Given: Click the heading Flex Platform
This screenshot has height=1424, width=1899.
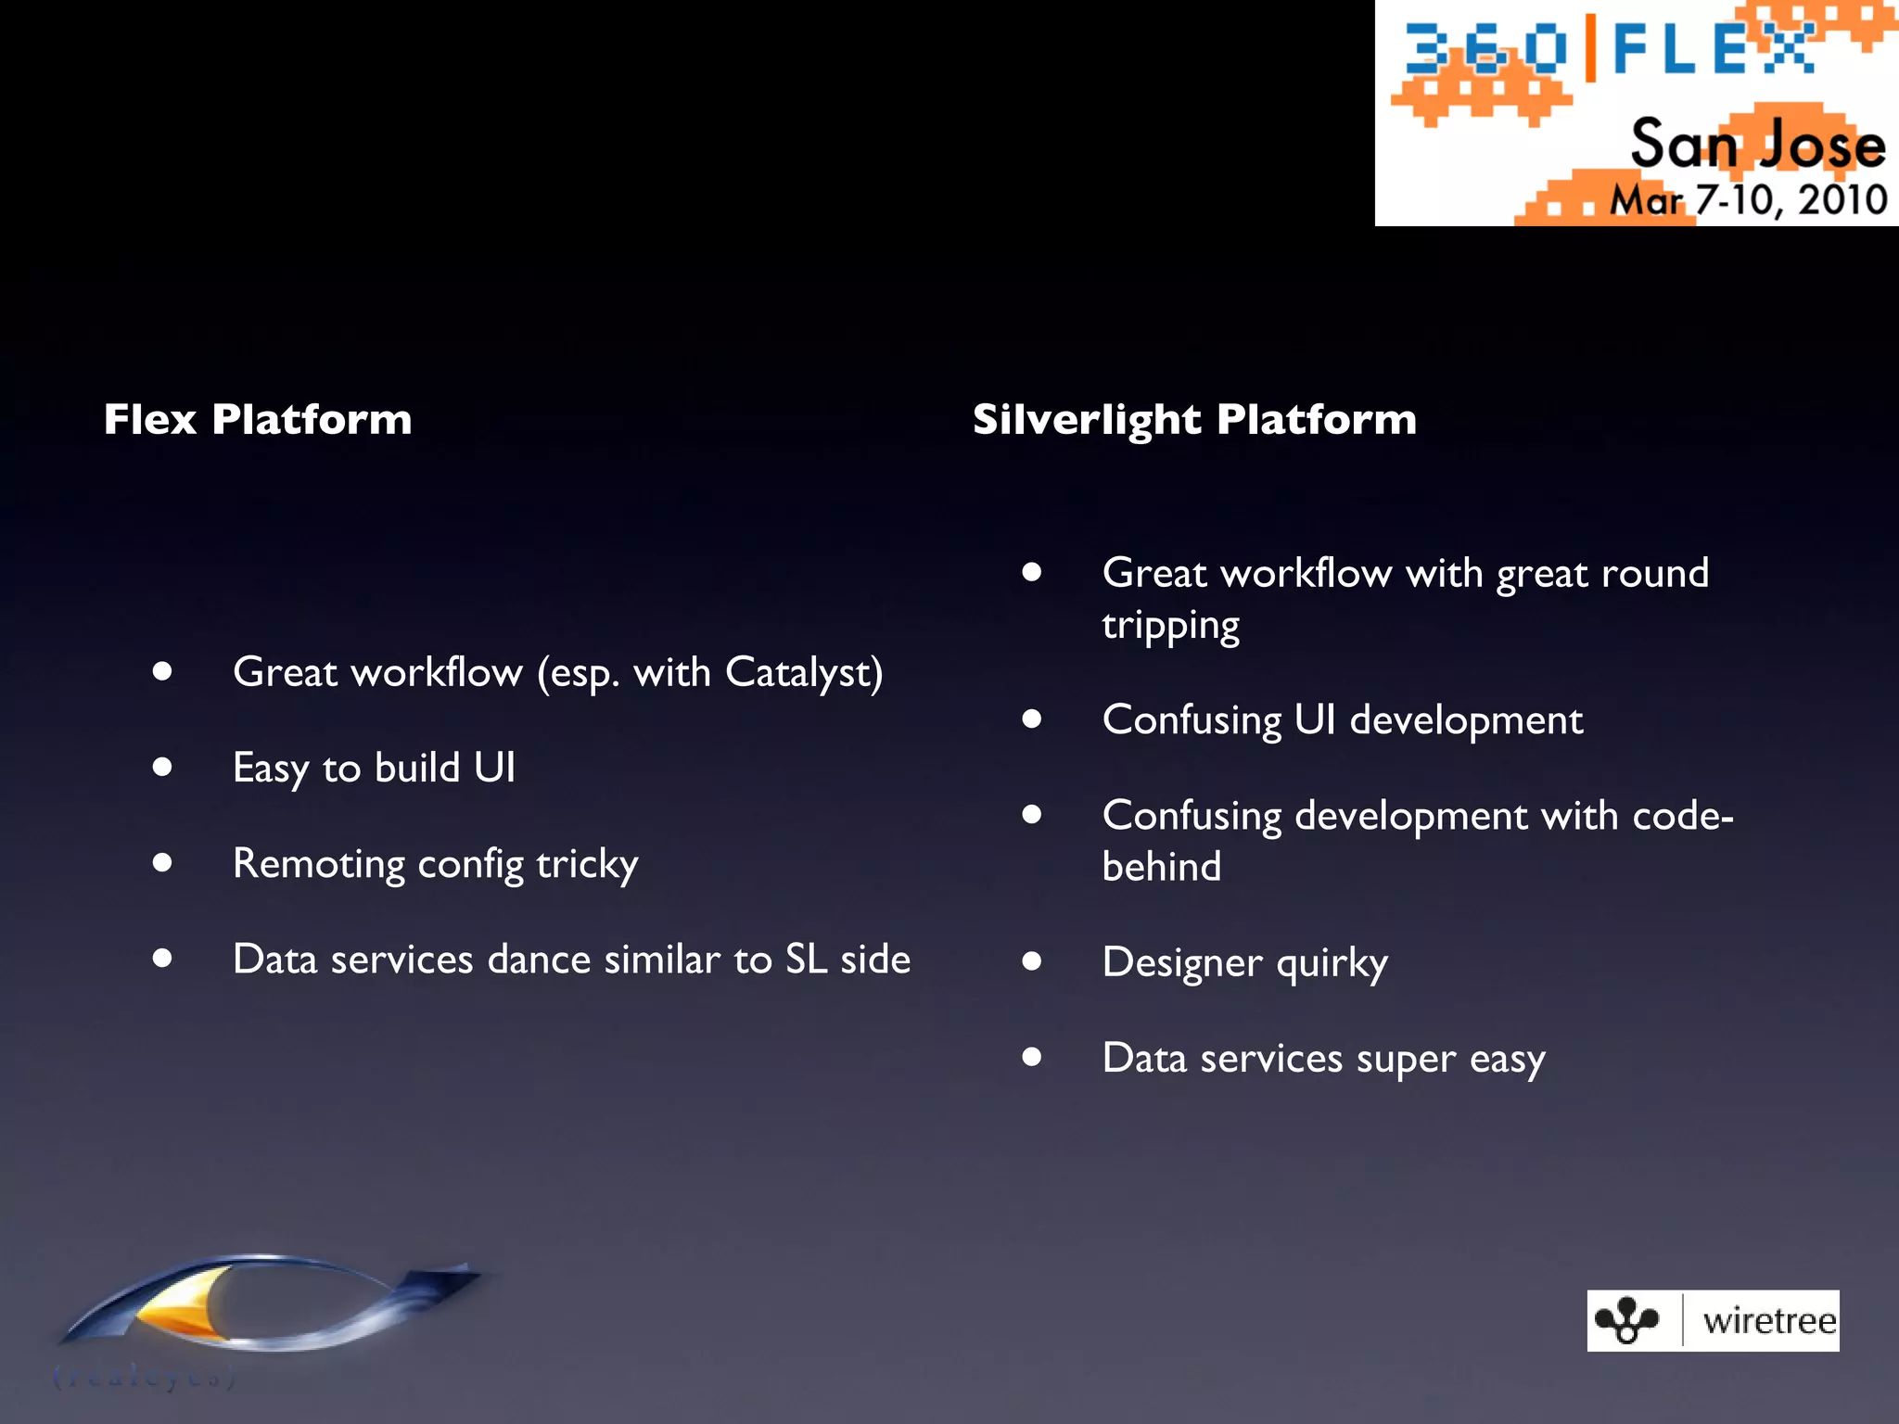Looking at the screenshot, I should (x=258, y=419).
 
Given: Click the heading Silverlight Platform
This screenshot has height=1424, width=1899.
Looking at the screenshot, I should (x=1194, y=419).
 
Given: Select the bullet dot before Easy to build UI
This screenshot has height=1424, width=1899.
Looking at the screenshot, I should (x=163, y=767).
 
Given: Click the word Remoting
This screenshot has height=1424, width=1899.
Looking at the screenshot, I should (x=318, y=864).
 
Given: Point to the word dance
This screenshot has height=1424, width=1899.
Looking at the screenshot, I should (x=539, y=960).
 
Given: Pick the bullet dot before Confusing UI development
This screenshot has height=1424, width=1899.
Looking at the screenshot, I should (x=1032, y=718).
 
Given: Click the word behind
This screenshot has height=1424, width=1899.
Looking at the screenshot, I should (x=1161, y=868).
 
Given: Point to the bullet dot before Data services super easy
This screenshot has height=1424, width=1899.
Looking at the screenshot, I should (x=1032, y=1056).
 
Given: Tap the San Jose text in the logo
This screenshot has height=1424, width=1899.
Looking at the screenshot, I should (x=1757, y=146).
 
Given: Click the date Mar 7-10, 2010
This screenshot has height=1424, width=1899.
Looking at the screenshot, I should (x=1748, y=200).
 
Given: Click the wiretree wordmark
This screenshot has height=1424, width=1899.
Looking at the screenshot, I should (x=1769, y=1321).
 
